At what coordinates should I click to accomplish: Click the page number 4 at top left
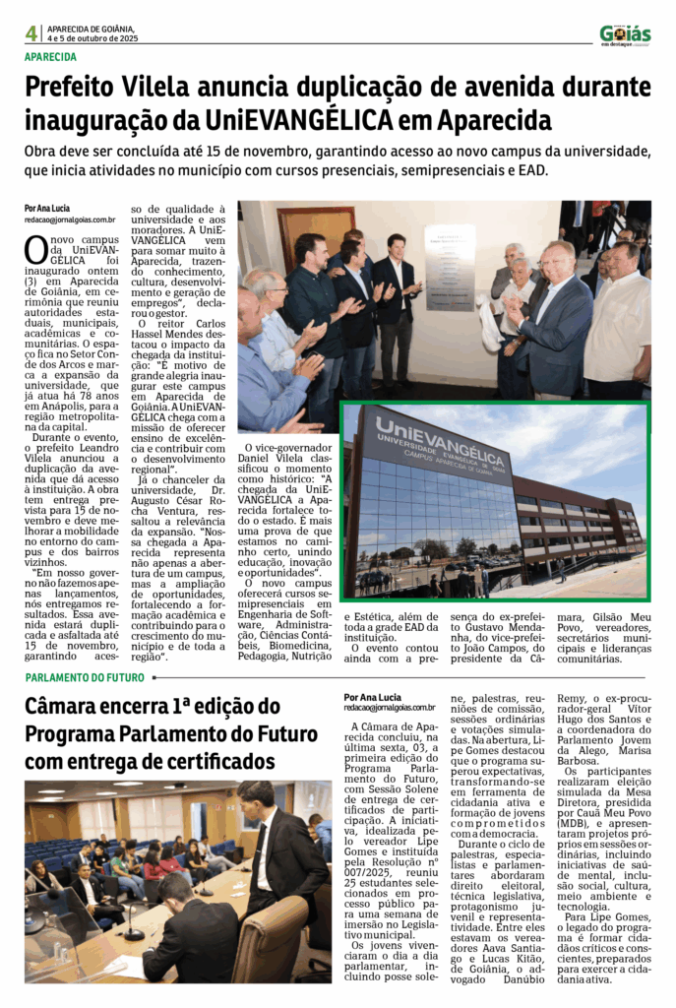(31, 33)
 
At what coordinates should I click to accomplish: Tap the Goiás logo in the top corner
(625, 33)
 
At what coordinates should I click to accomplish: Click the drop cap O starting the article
(35, 249)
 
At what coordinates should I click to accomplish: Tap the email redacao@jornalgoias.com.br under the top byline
(70, 220)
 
